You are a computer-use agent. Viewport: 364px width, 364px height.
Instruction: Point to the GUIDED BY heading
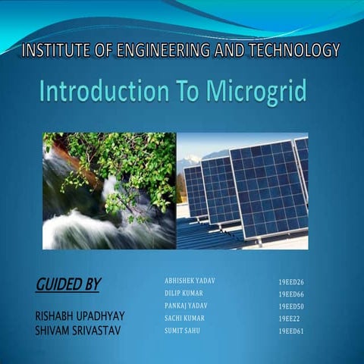(68, 284)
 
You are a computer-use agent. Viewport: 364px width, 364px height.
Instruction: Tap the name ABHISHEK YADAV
(190, 281)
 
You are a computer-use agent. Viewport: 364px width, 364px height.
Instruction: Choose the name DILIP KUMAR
(184, 293)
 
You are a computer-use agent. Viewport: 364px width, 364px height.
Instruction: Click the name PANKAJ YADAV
(186, 305)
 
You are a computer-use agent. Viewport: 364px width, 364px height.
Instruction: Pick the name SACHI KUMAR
(184, 318)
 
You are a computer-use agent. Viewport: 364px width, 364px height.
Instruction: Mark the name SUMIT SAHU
(183, 331)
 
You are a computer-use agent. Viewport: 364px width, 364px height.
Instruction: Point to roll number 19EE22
(289, 318)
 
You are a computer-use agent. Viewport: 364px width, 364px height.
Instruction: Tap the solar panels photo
(243, 190)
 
